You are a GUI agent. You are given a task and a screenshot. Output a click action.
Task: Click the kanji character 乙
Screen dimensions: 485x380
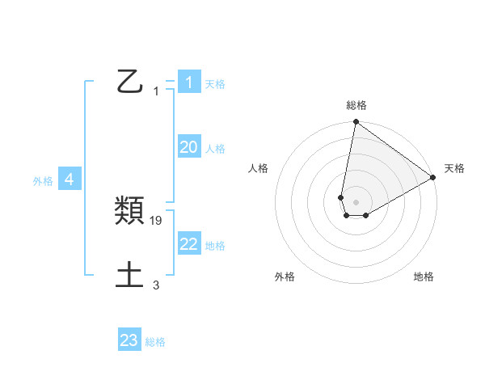point(130,81)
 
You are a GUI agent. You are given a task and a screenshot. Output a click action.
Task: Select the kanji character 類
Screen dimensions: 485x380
point(130,211)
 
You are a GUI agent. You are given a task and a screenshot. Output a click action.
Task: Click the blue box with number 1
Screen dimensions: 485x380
point(188,82)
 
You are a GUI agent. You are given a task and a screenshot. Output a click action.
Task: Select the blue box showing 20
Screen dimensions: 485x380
point(188,147)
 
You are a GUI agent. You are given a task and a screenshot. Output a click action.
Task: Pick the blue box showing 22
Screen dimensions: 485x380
point(188,244)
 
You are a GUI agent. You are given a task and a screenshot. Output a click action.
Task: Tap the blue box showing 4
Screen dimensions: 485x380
point(70,179)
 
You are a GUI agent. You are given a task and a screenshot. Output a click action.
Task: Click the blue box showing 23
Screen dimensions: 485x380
point(129,340)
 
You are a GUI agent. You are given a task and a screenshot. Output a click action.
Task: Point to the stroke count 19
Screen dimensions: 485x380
point(157,220)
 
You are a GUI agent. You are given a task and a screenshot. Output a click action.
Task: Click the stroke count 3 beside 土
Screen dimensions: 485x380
point(156,285)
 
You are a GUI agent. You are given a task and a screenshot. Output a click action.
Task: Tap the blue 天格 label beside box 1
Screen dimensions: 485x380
point(215,84)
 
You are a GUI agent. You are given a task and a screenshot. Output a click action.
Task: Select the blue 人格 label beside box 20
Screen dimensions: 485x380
point(215,149)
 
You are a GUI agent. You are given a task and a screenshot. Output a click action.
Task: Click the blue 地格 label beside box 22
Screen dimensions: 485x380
point(215,246)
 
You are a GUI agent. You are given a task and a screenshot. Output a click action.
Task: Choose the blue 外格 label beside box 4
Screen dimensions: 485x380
point(43,182)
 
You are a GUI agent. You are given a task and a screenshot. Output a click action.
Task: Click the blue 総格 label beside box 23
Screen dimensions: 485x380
point(155,343)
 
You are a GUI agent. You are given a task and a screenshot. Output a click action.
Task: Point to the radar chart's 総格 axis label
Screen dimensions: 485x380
point(356,105)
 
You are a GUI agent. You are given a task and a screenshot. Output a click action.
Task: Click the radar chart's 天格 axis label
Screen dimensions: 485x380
point(454,168)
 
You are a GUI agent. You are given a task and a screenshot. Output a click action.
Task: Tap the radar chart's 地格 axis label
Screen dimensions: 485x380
point(424,277)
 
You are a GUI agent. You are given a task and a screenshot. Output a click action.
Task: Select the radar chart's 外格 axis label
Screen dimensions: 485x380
point(285,277)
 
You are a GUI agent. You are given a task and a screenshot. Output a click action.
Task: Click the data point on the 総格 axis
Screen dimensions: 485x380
point(356,122)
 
